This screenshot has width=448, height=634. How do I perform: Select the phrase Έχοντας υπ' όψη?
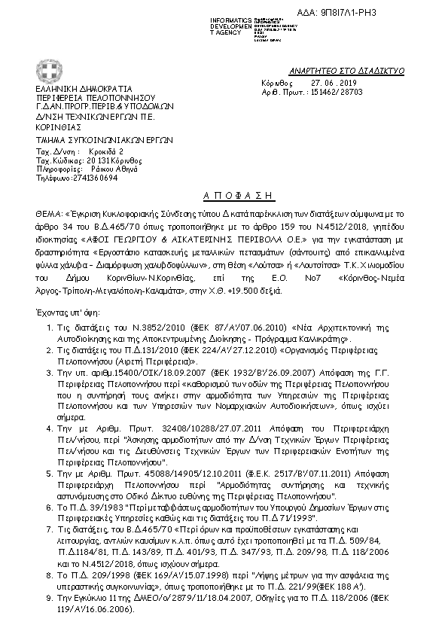pos(63,290)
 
